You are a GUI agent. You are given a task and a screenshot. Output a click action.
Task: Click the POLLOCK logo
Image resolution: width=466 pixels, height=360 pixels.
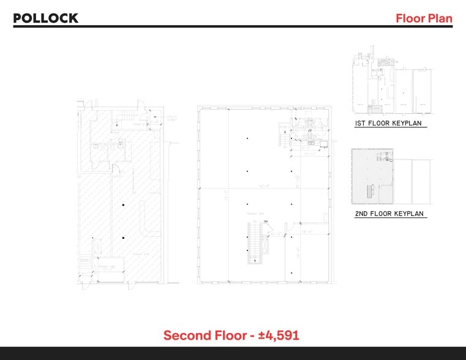(x=46, y=18)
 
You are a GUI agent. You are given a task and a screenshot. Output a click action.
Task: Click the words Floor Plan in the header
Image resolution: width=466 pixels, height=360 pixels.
(x=424, y=18)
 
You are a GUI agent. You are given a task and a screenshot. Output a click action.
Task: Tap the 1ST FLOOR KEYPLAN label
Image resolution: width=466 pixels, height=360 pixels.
(x=390, y=124)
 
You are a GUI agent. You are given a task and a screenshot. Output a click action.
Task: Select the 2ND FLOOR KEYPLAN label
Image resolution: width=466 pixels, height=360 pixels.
(x=390, y=214)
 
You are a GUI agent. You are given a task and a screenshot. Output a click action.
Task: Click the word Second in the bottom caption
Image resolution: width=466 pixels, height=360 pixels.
(x=187, y=336)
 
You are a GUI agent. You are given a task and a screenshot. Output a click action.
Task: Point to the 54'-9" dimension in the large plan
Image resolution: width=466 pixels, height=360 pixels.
(x=265, y=185)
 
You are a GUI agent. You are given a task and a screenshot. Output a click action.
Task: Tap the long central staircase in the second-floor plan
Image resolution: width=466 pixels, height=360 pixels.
(x=254, y=243)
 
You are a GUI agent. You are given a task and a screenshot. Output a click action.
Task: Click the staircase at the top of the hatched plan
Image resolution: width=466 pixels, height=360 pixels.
(x=126, y=116)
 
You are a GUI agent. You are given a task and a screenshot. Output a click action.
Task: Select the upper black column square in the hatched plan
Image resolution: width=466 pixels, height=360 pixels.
(x=123, y=204)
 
